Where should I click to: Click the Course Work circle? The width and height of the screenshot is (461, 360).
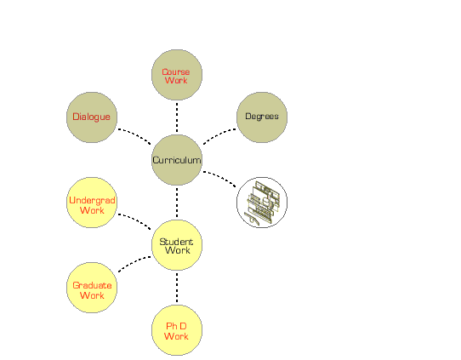tap(177, 75)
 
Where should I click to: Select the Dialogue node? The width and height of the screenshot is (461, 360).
tap(92, 117)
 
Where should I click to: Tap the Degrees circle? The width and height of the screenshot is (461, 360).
tap(262, 117)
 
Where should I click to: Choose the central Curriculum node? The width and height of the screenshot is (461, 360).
tap(177, 160)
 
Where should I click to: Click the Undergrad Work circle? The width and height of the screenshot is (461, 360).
tap(92, 203)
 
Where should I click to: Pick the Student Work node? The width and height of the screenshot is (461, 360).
tap(177, 245)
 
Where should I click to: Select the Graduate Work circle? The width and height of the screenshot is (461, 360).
tap(92, 288)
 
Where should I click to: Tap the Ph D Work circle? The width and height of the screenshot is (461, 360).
tap(177, 330)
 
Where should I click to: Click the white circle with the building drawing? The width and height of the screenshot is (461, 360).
tap(262, 203)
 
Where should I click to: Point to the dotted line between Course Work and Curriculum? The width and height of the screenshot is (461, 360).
tap(177, 117)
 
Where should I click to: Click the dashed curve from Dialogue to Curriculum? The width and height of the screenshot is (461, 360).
tap(135, 135)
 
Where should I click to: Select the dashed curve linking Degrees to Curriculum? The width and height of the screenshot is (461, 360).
tap(219, 135)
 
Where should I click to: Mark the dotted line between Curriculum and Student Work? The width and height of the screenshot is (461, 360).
tap(177, 203)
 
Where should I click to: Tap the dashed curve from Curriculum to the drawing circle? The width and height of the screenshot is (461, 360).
tap(220, 177)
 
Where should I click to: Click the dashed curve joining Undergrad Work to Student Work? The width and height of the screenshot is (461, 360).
tap(135, 220)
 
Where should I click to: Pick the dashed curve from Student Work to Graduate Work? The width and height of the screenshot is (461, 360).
tap(134, 263)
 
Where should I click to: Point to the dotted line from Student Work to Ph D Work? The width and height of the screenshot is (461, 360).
tap(177, 288)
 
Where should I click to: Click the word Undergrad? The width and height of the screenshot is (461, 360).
tap(92, 200)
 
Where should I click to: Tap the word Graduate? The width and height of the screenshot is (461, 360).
tap(92, 285)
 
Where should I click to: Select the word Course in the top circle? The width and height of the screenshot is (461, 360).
tap(176, 71)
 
